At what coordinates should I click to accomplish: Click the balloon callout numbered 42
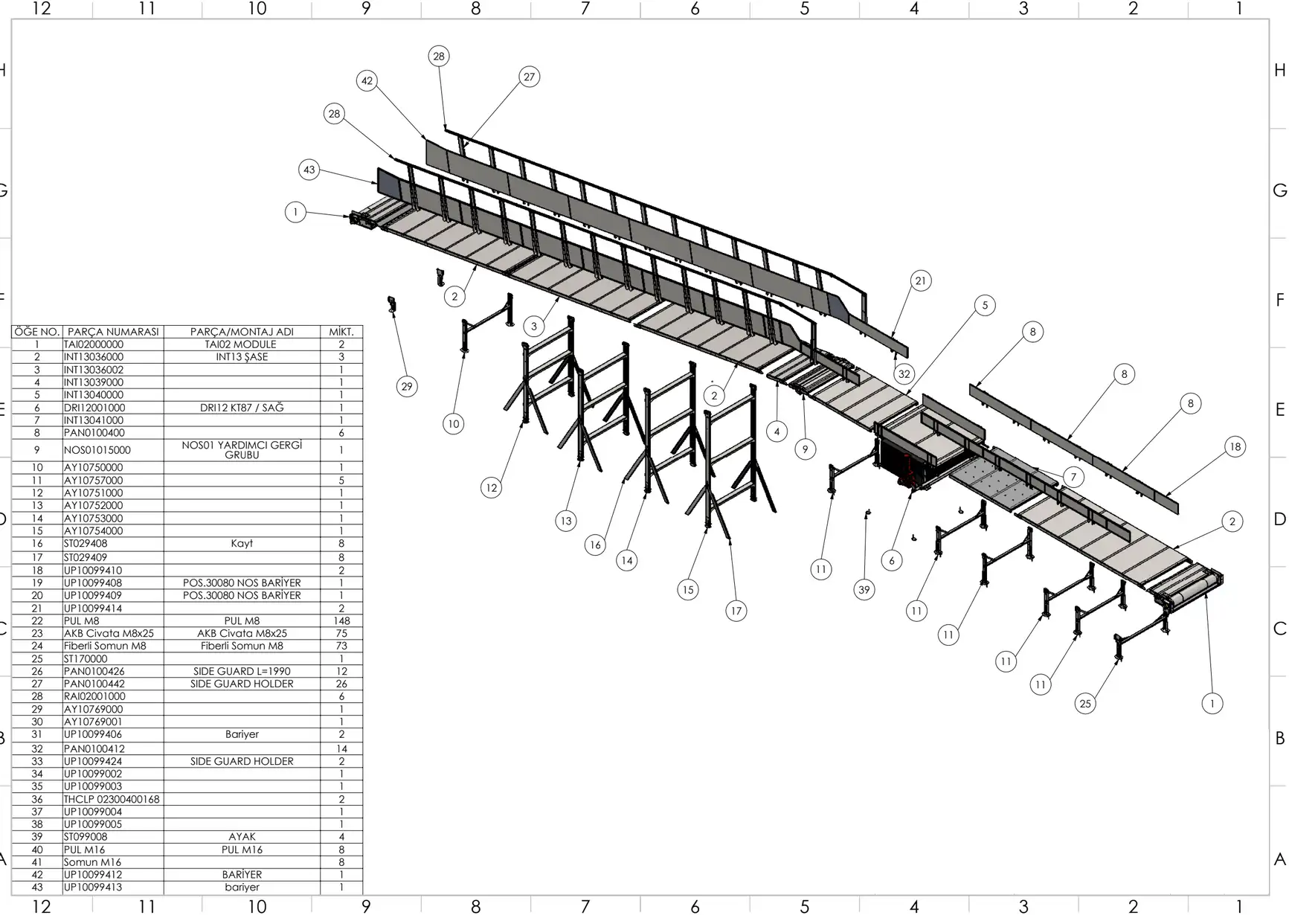coord(367,80)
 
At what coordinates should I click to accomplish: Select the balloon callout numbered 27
coord(529,77)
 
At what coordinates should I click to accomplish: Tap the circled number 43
coord(309,170)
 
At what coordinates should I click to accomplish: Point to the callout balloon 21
coord(921,280)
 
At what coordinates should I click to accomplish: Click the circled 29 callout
coord(406,386)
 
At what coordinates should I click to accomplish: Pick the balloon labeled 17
coord(736,611)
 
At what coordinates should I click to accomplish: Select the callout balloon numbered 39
coord(864,590)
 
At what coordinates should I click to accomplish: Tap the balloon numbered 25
coord(1085,703)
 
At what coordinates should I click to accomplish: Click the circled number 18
coord(1235,446)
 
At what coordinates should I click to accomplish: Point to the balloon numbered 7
coord(1073,477)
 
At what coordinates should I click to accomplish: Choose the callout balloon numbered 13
coord(566,521)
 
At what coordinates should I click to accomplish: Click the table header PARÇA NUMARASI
coord(113,332)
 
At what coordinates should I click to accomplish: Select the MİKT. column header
coord(341,332)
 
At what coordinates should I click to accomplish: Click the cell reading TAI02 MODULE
coord(241,344)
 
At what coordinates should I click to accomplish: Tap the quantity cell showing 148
coord(341,620)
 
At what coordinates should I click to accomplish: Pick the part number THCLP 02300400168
coord(112,799)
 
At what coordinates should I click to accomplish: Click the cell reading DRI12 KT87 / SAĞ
coord(242,408)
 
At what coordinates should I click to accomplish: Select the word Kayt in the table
coord(242,543)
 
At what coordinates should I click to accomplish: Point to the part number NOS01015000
coord(97,450)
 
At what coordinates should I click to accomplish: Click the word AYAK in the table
coord(242,837)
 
